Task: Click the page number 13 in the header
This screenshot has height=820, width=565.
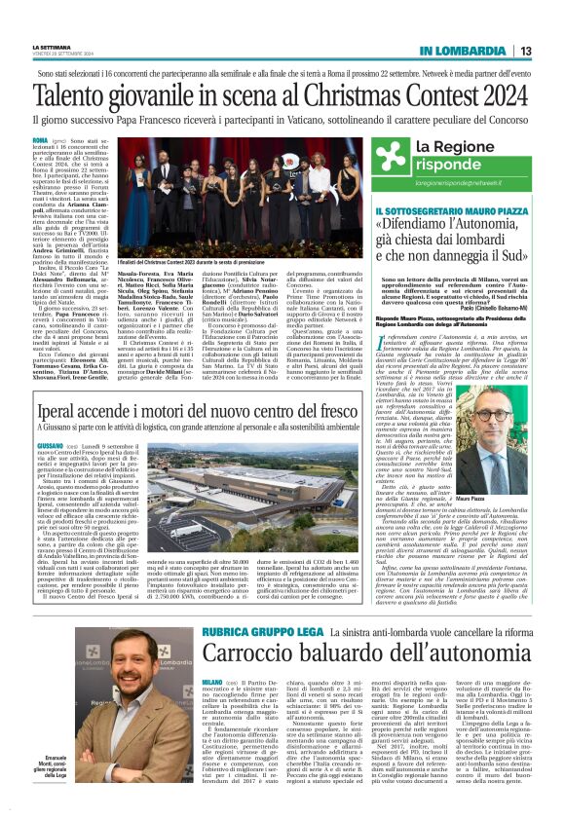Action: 524,51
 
